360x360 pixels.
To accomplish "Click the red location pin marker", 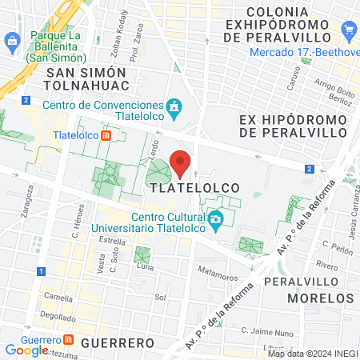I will click(x=181, y=162).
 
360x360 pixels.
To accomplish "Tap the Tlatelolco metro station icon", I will click(x=106, y=135).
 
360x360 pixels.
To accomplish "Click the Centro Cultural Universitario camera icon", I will click(x=215, y=219).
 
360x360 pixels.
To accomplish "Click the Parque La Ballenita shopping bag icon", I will click(x=12, y=40).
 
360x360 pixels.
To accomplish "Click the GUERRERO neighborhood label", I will click(x=117, y=342).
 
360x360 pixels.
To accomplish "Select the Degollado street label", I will click(x=58, y=316).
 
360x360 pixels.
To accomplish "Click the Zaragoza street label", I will click(x=26, y=203).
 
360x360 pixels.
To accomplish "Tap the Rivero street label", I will click(x=326, y=265).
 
